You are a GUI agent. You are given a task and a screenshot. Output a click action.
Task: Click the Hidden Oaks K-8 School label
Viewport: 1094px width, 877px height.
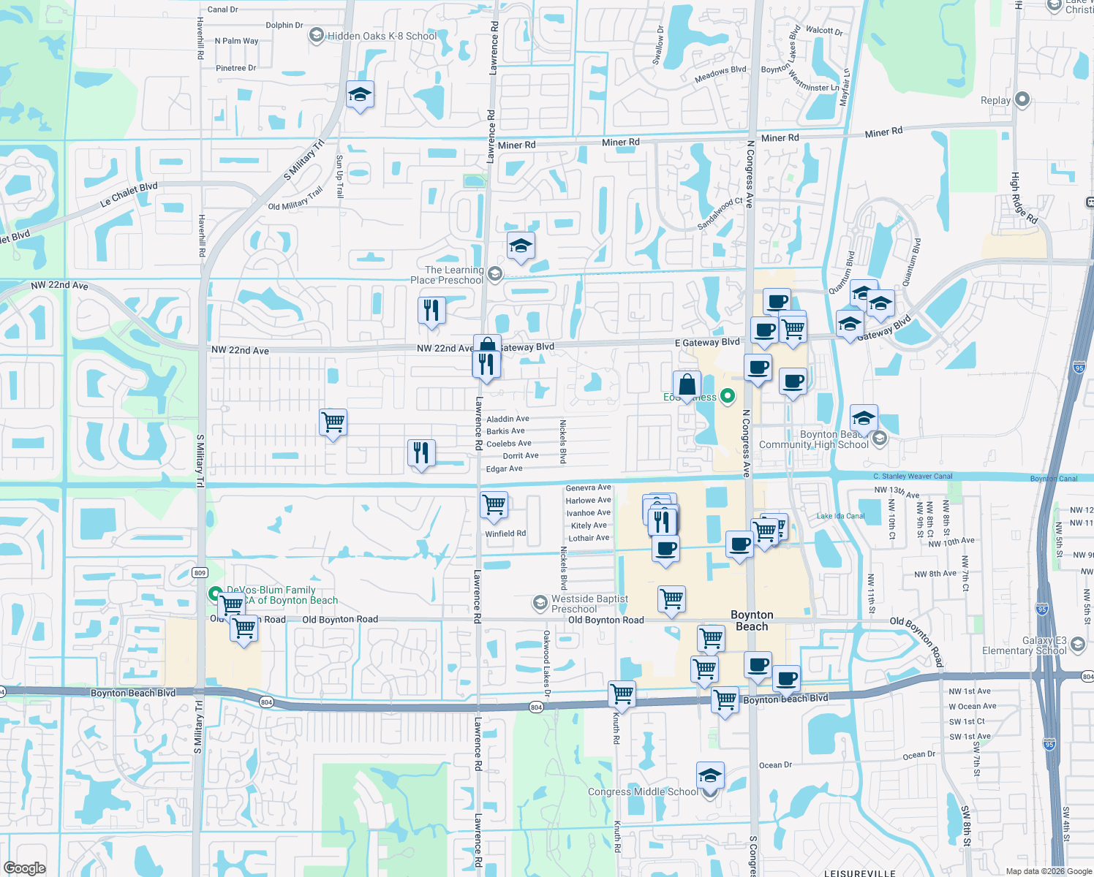click(382, 36)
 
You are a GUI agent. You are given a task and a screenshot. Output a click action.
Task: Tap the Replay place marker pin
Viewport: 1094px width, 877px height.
click(1022, 99)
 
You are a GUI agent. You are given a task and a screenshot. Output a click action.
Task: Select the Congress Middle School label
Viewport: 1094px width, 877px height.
click(643, 791)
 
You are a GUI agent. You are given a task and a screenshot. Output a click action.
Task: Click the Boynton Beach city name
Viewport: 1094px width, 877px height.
click(752, 620)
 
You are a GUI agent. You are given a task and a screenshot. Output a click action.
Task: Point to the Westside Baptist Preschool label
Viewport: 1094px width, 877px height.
click(589, 604)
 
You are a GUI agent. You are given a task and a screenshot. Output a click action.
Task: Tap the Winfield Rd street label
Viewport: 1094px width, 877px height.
click(505, 534)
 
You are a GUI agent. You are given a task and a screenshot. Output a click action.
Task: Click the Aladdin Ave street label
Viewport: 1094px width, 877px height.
click(508, 419)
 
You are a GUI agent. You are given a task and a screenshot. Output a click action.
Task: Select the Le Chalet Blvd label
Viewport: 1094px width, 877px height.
click(129, 194)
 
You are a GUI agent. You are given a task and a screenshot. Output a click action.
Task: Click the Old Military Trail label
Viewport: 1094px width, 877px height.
click(295, 199)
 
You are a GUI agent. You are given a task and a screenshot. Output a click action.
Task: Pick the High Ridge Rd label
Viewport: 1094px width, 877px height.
click(1023, 197)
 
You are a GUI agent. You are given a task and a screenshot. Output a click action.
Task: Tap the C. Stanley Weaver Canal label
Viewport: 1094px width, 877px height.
click(913, 477)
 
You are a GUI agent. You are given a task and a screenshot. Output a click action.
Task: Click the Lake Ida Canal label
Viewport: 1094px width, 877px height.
click(840, 516)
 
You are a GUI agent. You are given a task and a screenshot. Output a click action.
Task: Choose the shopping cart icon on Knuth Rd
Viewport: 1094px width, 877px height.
click(622, 692)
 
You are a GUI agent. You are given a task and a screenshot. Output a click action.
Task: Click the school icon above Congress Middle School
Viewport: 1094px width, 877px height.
click(709, 775)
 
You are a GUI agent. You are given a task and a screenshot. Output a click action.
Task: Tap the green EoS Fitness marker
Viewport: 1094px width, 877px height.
click(728, 396)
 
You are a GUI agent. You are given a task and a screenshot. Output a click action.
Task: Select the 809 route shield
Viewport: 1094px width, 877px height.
click(200, 572)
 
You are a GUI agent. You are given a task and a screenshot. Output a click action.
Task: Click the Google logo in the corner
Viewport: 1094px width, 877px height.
click(24, 867)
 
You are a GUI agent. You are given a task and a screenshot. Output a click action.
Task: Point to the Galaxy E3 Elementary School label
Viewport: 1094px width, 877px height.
click(1024, 645)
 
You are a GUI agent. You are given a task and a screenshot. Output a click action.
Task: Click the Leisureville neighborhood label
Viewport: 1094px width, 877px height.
click(859, 873)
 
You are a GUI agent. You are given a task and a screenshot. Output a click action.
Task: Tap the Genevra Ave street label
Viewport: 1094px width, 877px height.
click(588, 487)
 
